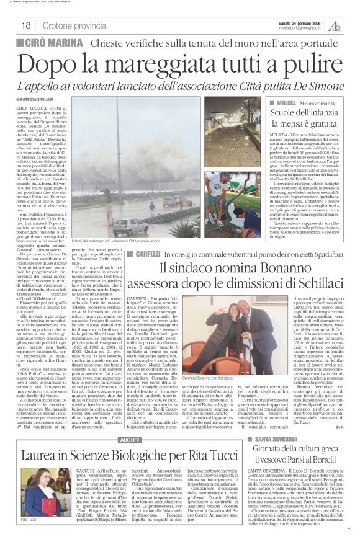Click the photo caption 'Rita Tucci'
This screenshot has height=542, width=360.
(29, 535)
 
